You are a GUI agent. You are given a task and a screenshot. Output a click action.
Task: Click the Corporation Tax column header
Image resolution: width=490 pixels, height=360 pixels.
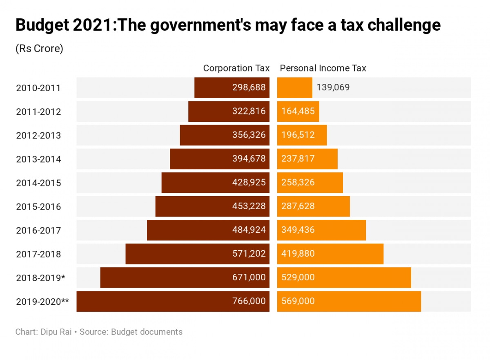(236, 68)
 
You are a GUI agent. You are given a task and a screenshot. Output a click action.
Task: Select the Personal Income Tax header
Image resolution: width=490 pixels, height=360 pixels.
(323, 68)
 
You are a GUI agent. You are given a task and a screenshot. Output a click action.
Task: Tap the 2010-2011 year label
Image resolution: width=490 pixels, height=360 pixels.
(38, 88)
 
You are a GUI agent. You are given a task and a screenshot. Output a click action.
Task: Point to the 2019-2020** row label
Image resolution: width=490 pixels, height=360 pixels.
(42, 302)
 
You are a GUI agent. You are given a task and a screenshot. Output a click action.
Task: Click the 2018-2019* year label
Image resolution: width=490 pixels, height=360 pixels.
(40, 278)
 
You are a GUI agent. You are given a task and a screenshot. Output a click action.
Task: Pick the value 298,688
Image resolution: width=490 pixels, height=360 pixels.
(249, 87)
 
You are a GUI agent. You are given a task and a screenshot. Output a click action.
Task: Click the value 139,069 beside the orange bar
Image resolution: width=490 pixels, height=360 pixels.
(333, 87)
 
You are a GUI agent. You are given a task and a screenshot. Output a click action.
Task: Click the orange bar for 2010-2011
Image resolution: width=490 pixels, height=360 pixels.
(295, 87)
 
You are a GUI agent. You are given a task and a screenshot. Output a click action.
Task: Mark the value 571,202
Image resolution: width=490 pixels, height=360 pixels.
(249, 254)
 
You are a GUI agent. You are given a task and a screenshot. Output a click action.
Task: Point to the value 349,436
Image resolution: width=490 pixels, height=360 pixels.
(298, 230)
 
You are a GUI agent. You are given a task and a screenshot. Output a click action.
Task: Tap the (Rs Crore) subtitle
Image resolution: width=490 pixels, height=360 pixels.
(39, 49)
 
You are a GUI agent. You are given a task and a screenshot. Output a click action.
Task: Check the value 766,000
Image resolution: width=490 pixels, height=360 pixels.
(249, 302)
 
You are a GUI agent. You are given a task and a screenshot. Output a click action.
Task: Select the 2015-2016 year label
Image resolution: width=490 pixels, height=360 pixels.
(38, 207)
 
